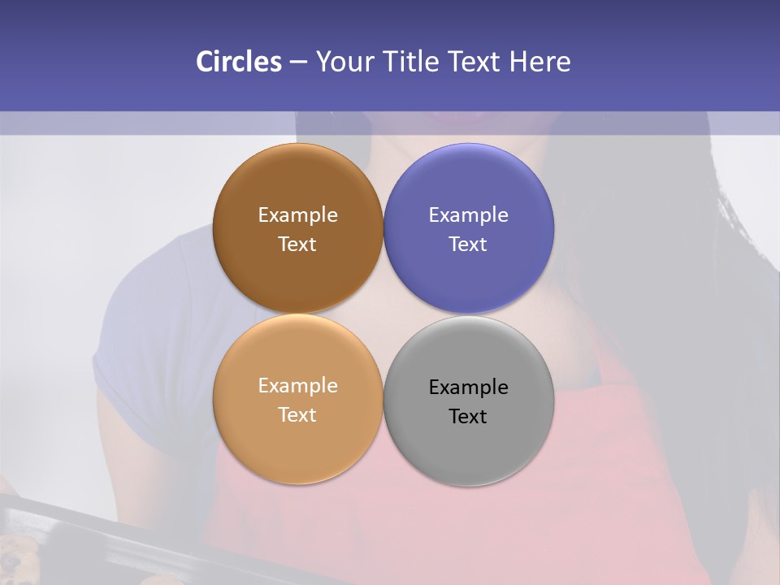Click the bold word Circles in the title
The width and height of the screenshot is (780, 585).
pyautogui.click(x=239, y=62)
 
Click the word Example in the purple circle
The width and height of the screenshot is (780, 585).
pyautogui.click(x=469, y=215)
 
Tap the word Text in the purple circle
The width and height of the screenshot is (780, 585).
pyautogui.click(x=469, y=245)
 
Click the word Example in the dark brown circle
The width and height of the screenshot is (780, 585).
pyautogui.click(x=297, y=215)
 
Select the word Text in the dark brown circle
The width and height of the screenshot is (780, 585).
pyautogui.click(x=297, y=245)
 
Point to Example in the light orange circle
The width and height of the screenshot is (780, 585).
pyautogui.click(x=297, y=386)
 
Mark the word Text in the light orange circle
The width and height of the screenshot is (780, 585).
pyautogui.click(x=297, y=415)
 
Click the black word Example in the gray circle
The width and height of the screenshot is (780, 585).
pyautogui.click(x=469, y=388)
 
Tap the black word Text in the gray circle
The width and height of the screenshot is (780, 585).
pyautogui.click(x=469, y=417)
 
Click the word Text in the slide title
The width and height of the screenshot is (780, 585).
pyautogui.click(x=476, y=62)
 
